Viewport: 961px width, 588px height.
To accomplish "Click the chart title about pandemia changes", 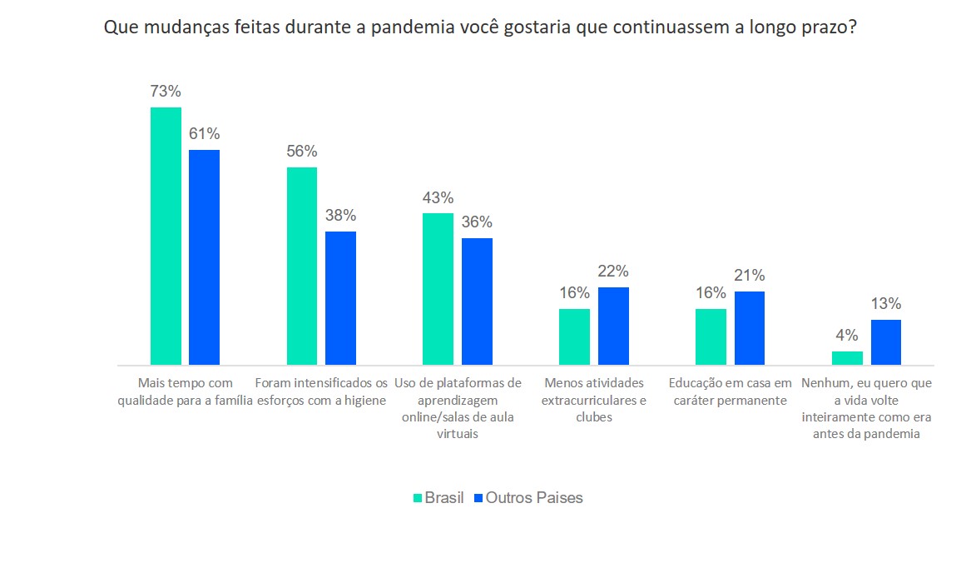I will click(x=480, y=27).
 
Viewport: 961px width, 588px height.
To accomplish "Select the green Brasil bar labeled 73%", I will click(x=166, y=236).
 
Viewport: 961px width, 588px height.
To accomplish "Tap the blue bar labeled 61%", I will click(x=204, y=257).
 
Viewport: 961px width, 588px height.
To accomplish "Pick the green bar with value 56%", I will click(x=302, y=266).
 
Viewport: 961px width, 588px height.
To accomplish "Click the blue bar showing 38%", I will click(x=340, y=298).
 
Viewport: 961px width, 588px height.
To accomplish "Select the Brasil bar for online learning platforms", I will click(x=438, y=289).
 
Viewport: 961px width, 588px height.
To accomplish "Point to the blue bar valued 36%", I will click(x=477, y=301).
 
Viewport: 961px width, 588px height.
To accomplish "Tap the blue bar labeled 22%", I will click(x=613, y=326).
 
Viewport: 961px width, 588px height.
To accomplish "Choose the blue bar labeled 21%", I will click(x=749, y=328).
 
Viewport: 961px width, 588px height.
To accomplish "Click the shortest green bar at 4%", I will click(x=847, y=358).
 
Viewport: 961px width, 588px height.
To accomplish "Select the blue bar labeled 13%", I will click(x=886, y=342).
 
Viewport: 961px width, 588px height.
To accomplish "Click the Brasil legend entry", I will click(x=438, y=498).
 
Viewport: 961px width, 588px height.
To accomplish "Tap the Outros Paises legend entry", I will click(x=528, y=498).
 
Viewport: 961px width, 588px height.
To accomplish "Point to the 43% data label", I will click(x=438, y=198).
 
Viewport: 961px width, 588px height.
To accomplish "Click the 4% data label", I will click(x=846, y=336).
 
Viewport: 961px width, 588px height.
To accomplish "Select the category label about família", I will click(x=185, y=391).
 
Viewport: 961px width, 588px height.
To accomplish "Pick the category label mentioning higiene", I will click(x=320, y=391).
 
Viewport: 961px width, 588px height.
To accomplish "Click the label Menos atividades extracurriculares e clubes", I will click(x=593, y=400).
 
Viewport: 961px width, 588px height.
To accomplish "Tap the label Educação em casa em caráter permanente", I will click(x=730, y=391).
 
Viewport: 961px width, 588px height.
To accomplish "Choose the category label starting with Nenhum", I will click(x=865, y=408).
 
